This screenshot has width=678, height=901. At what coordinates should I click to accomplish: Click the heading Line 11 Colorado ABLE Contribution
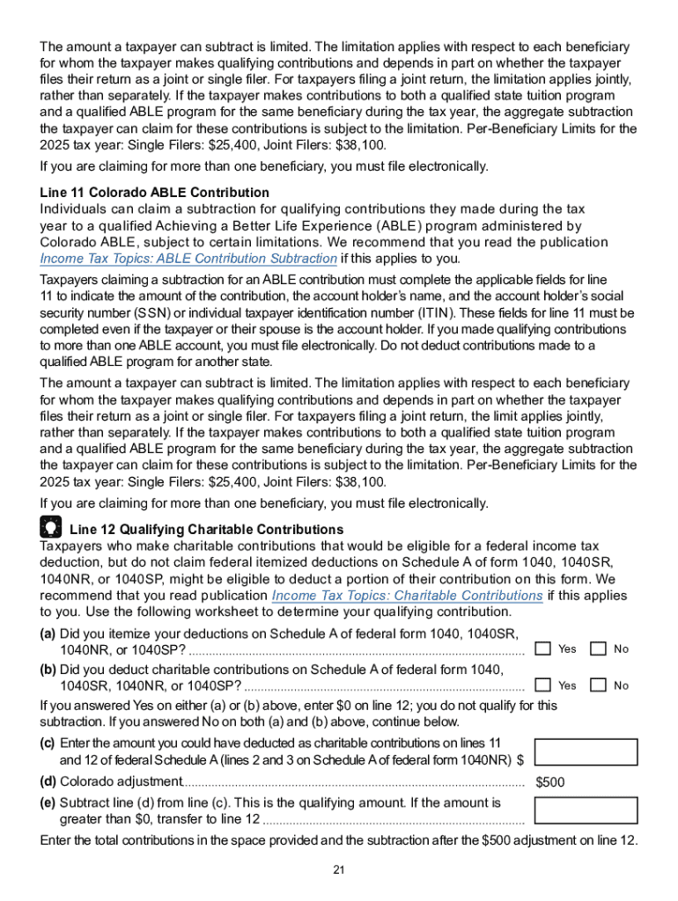click(x=154, y=192)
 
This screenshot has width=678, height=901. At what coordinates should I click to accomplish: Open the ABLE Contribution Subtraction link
click(x=188, y=259)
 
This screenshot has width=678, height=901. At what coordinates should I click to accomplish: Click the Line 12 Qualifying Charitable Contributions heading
click(x=206, y=530)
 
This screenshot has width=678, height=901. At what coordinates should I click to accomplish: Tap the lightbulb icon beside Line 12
click(x=51, y=528)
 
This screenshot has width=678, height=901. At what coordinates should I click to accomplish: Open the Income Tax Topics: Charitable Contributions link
click(x=407, y=596)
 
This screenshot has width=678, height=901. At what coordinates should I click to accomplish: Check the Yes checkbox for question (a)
click(x=543, y=648)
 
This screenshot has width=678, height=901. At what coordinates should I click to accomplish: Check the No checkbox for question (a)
click(x=598, y=648)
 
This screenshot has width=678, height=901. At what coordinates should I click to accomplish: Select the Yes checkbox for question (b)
click(x=543, y=685)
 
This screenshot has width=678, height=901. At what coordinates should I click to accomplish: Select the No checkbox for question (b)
click(x=598, y=685)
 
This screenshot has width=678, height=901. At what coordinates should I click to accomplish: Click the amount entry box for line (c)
click(x=586, y=753)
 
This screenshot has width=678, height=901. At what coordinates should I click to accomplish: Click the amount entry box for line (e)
click(x=586, y=810)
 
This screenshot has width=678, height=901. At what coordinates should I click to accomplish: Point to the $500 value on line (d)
click(x=550, y=782)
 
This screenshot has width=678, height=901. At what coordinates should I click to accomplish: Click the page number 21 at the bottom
click(x=338, y=870)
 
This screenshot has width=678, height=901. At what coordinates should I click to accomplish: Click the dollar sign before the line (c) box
click(x=520, y=760)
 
